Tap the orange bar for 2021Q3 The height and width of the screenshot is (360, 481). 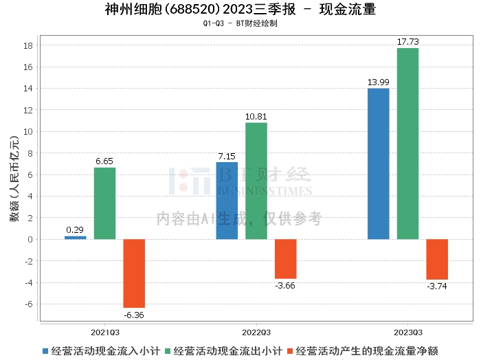coord(134,273)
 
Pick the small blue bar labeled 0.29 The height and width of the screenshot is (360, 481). coord(76,237)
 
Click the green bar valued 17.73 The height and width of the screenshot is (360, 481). coord(407,144)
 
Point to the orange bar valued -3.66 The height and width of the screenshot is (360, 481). coord(285,258)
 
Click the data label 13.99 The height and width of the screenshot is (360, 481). coord(378,82)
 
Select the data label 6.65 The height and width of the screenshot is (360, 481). coord(104,161)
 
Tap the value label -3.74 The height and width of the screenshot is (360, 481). coord(437,285)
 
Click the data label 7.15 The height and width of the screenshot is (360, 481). coord(227,156)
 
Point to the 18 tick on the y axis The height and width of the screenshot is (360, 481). coord(29,46)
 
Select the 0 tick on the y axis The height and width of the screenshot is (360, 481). coord(30,240)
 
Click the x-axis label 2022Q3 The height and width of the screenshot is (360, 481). coord(256,331)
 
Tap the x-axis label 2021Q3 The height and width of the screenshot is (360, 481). coord(104,331)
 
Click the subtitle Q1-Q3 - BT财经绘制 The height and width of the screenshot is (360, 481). coord(240,23)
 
